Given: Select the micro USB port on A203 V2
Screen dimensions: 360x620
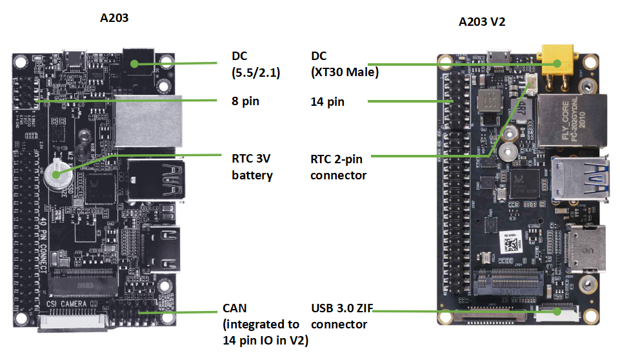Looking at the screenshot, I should pos(498,57).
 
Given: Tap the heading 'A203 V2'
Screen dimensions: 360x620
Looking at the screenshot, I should pos(481,21).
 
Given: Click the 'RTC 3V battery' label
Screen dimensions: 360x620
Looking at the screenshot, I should pos(252,166).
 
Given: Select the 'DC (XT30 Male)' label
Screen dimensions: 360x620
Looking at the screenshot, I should pos(344,64).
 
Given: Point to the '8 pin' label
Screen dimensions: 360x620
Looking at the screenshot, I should pos(245,101).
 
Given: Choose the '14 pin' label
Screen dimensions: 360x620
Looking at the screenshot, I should pos(327,101).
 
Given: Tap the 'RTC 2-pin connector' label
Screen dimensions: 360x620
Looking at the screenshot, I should pos(338,166).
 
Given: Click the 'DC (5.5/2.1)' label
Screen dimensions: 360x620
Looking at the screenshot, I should pos(255,64).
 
